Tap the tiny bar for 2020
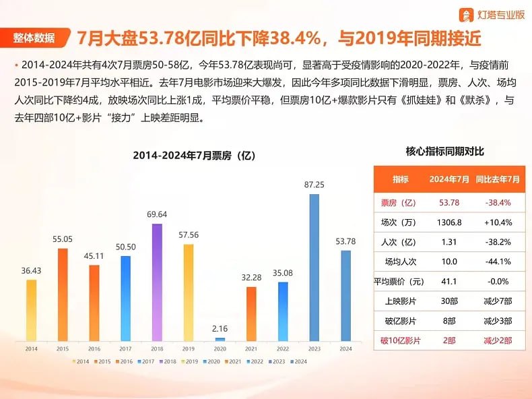[x=220, y=338]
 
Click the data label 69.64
[x=156, y=214]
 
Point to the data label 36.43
[x=31, y=270]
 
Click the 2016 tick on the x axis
[x=94, y=349]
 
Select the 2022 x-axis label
[x=283, y=349]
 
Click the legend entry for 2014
[x=81, y=362]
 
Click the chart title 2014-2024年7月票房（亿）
[x=194, y=156]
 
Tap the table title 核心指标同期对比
[x=445, y=152]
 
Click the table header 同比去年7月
[x=498, y=179]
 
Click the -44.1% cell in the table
[x=498, y=262]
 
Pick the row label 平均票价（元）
[x=400, y=282]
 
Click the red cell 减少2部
[x=498, y=340]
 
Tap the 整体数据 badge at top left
[x=34, y=38]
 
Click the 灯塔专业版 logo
[x=492, y=14]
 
